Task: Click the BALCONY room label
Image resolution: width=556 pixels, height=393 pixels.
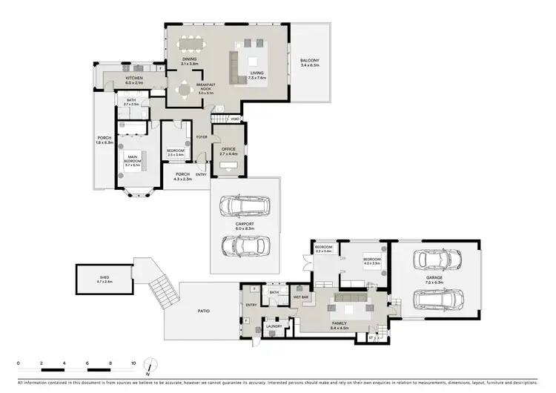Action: coord(310,60)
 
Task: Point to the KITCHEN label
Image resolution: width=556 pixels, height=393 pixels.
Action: coord(134,78)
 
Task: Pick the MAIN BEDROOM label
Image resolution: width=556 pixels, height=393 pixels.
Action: coord(133,156)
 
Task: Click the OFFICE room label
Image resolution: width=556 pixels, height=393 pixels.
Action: coord(228,149)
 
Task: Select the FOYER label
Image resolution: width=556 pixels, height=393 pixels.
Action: coord(201,137)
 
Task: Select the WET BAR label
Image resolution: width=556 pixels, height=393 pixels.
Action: coord(301,297)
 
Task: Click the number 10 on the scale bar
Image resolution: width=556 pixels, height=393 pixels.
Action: coord(133,364)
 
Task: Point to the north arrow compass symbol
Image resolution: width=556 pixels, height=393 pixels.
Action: coord(150,365)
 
